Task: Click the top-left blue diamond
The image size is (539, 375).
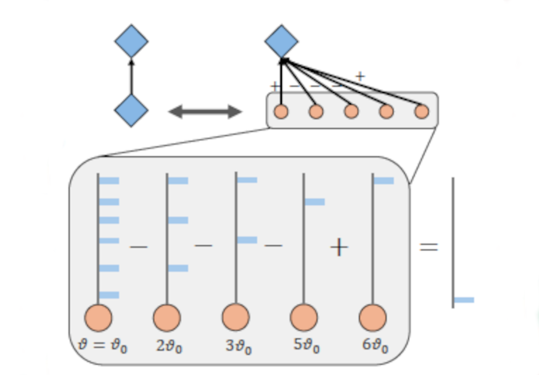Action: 131,41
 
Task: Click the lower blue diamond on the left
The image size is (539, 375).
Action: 131,111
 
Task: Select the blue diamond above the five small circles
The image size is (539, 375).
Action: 282,41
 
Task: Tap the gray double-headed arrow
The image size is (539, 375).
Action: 205,112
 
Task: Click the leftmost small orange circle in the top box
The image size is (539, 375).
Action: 281,112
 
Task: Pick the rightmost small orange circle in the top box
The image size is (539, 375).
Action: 422,112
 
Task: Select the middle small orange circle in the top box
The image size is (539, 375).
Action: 352,112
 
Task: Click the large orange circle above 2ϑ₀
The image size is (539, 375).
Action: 167,318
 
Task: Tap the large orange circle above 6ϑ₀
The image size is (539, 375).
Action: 372,318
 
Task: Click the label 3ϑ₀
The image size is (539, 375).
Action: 238,346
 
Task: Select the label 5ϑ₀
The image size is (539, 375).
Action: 307,346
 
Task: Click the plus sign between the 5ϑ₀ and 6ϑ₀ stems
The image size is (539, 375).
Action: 339,248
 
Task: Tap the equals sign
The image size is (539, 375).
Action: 429,247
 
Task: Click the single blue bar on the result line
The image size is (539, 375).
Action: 464,300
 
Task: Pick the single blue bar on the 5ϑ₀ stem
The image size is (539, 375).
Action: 315,202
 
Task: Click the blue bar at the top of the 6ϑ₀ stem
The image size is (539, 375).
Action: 384,181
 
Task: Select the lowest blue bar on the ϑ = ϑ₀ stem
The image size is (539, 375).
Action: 109,295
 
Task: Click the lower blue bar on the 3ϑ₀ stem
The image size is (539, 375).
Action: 247,240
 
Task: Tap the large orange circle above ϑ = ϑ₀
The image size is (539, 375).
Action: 98,318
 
